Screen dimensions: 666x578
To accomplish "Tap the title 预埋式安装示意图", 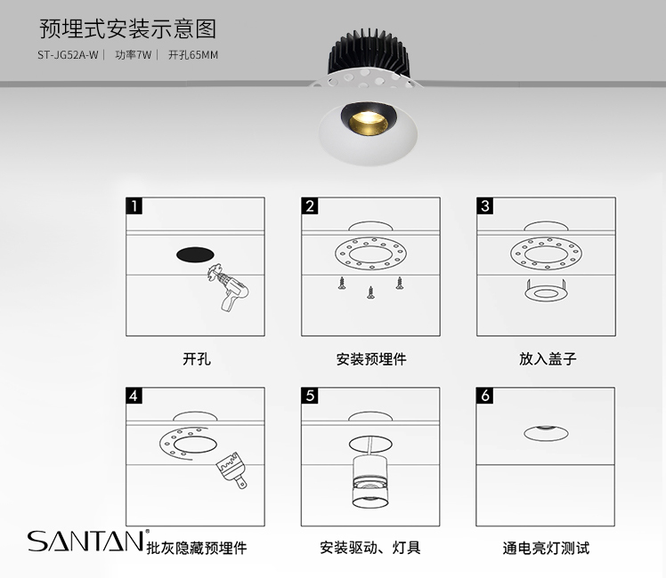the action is click(x=128, y=28).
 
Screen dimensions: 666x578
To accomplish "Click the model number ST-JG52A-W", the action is click(x=68, y=55).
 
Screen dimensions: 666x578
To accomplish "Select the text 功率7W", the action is click(x=133, y=55).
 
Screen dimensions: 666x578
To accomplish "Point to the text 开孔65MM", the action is click(x=193, y=55).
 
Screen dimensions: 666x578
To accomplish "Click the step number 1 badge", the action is click(x=134, y=206).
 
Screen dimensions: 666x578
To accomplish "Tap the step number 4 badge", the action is click(x=134, y=396).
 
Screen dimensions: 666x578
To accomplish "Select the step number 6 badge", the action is click(x=484, y=396).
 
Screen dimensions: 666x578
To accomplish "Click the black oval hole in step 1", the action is click(x=195, y=254).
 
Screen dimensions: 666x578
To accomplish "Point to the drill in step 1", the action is click(x=228, y=287).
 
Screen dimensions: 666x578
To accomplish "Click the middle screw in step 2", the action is click(x=370, y=293).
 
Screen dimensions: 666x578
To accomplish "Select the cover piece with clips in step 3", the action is click(x=546, y=291).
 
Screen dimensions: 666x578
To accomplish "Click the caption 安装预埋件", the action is click(x=371, y=359).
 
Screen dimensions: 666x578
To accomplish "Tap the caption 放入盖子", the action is click(x=548, y=358).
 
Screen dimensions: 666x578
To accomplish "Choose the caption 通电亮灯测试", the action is click(x=546, y=548).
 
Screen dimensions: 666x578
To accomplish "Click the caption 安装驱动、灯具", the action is click(x=370, y=548).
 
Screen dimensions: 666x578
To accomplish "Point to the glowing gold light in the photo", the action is click(x=369, y=122).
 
